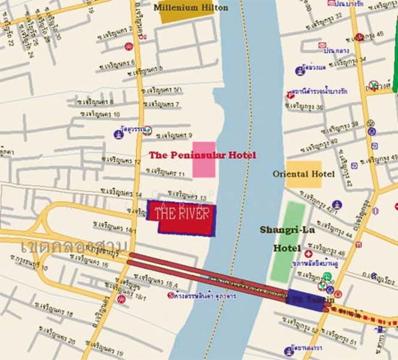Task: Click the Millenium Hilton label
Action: [191, 7]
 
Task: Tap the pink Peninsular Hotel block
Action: [204, 160]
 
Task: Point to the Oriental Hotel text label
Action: [303, 174]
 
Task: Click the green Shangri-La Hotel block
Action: [288, 241]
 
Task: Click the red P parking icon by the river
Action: [291, 94]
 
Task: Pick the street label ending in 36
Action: [306, 106]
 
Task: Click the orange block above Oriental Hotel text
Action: [303, 166]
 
